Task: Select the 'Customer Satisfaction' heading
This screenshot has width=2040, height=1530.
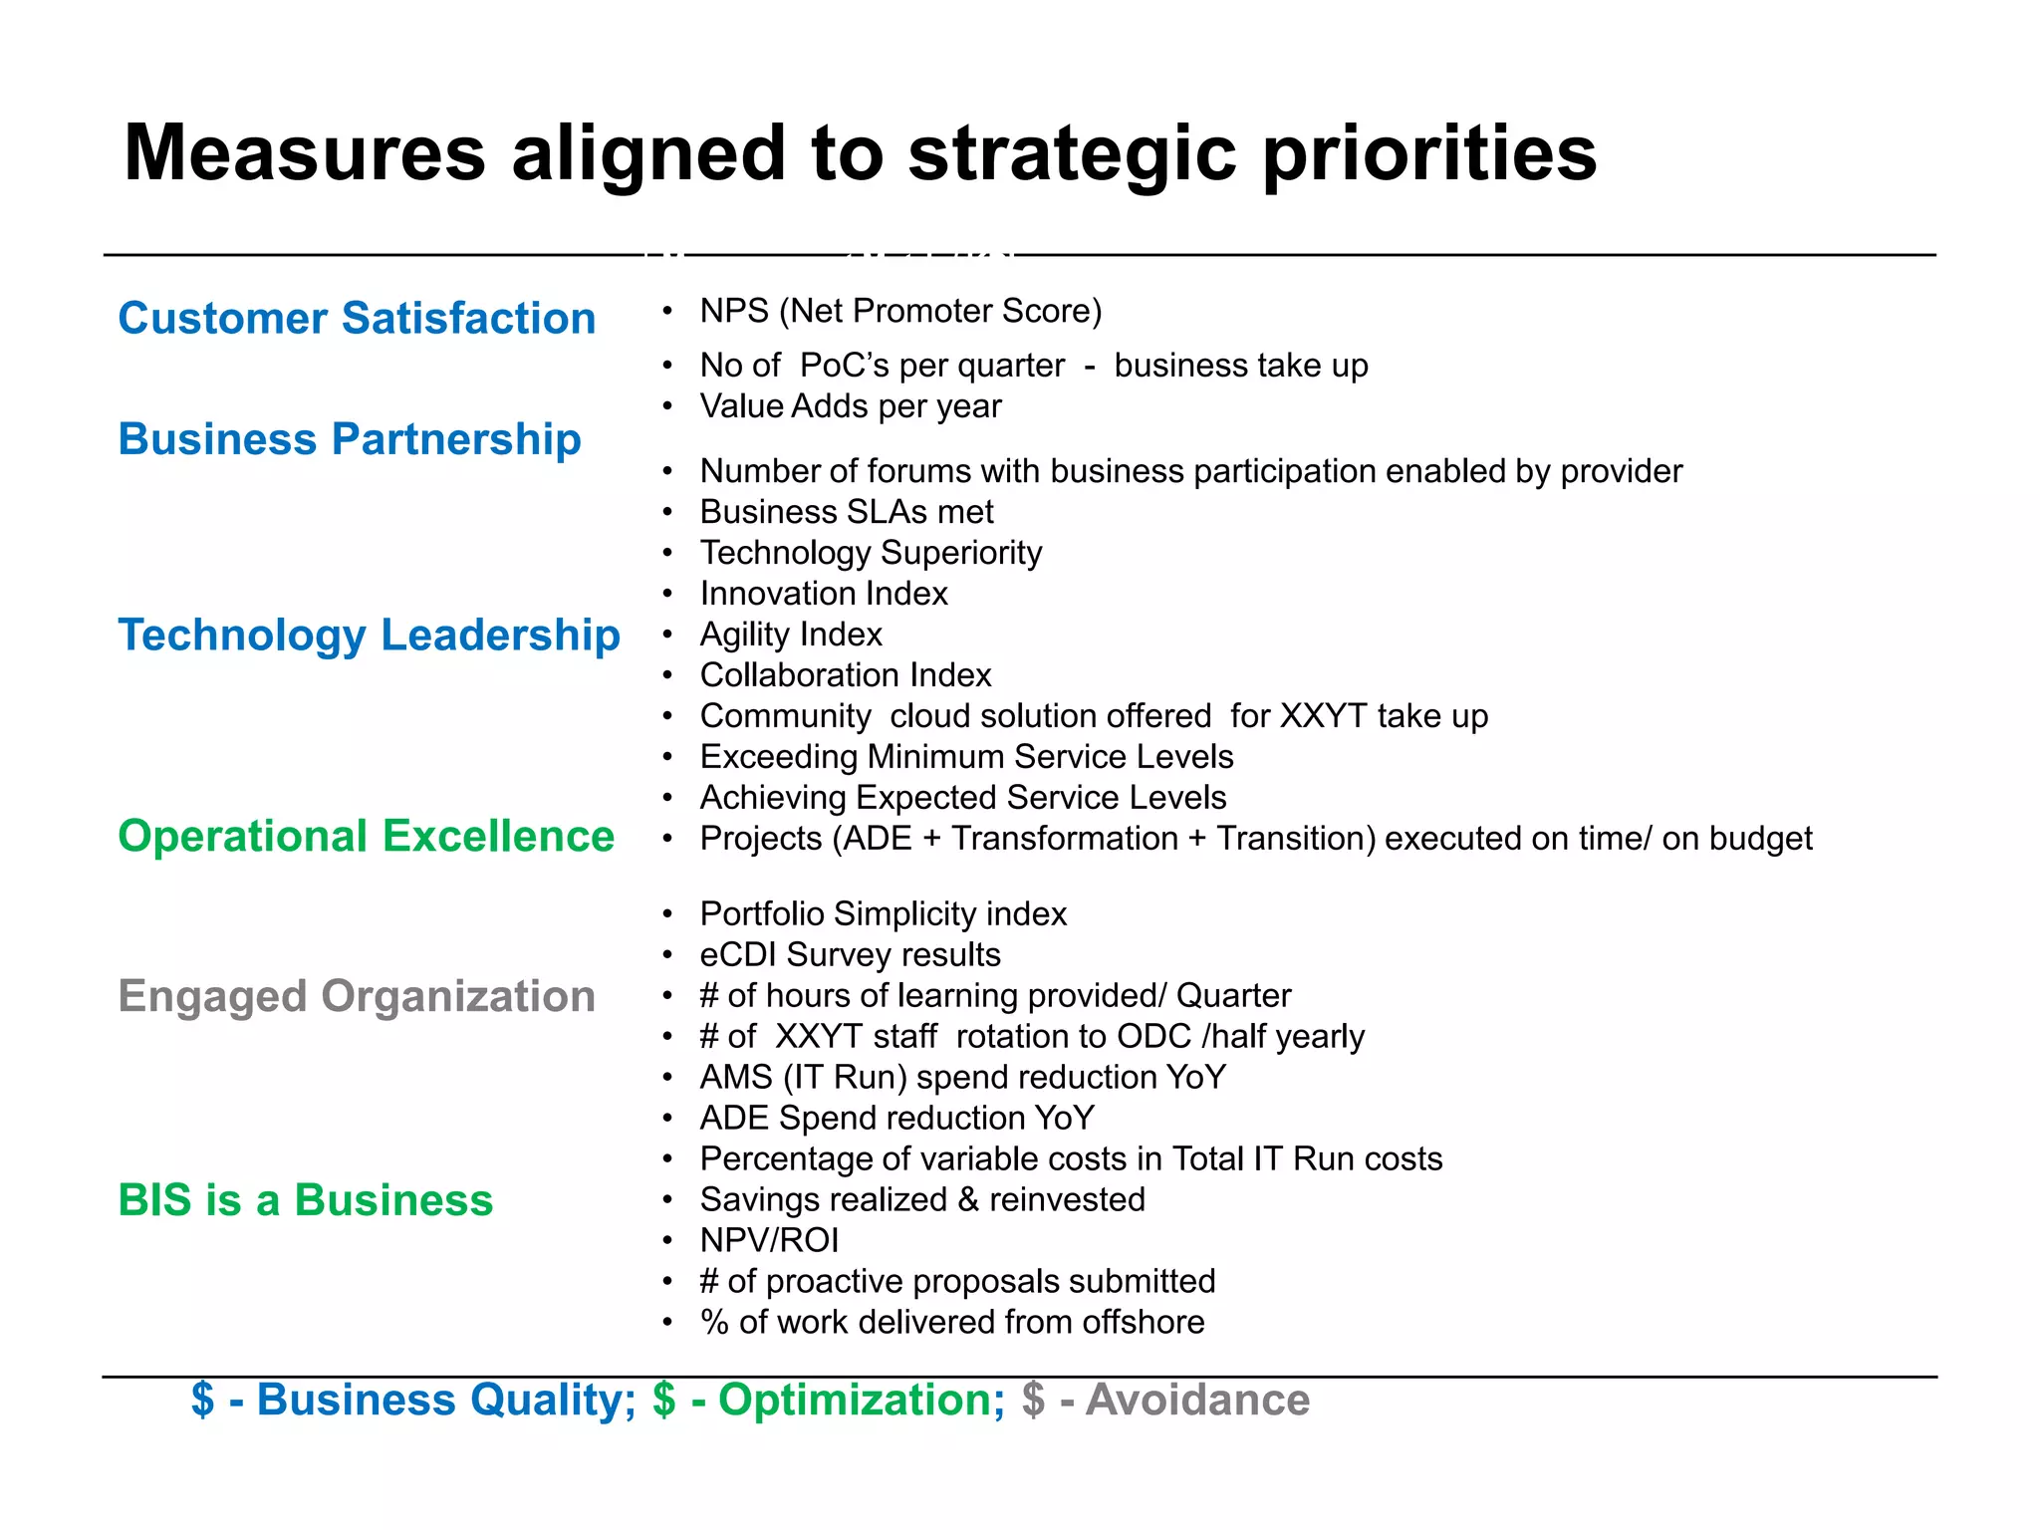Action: [357, 319]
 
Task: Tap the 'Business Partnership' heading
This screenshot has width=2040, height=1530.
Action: [350, 439]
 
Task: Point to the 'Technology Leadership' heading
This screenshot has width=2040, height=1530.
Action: [369, 636]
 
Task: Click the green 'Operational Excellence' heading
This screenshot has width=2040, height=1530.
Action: [366, 837]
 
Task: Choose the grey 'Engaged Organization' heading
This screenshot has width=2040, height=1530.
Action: [357, 996]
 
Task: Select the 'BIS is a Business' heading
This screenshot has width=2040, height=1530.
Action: [305, 1200]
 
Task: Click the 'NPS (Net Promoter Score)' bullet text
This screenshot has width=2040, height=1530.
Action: [900, 311]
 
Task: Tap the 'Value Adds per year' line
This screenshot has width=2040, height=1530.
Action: [851, 406]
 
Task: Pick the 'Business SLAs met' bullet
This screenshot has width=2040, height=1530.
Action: [847, 512]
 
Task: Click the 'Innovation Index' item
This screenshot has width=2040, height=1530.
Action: [824, 594]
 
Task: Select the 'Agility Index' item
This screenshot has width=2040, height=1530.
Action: [791, 635]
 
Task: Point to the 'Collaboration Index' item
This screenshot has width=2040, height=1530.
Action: [846, 675]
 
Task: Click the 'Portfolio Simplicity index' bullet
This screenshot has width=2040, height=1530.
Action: [883, 914]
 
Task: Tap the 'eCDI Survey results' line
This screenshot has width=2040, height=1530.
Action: [850, 955]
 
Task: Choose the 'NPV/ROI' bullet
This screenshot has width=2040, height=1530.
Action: [769, 1241]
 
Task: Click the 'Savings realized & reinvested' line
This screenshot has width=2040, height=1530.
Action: [922, 1200]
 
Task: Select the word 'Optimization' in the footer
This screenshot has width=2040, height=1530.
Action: [861, 1401]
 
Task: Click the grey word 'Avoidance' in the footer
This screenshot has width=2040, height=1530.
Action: [1197, 1401]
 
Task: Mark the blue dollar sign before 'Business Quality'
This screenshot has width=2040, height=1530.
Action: [203, 1401]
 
